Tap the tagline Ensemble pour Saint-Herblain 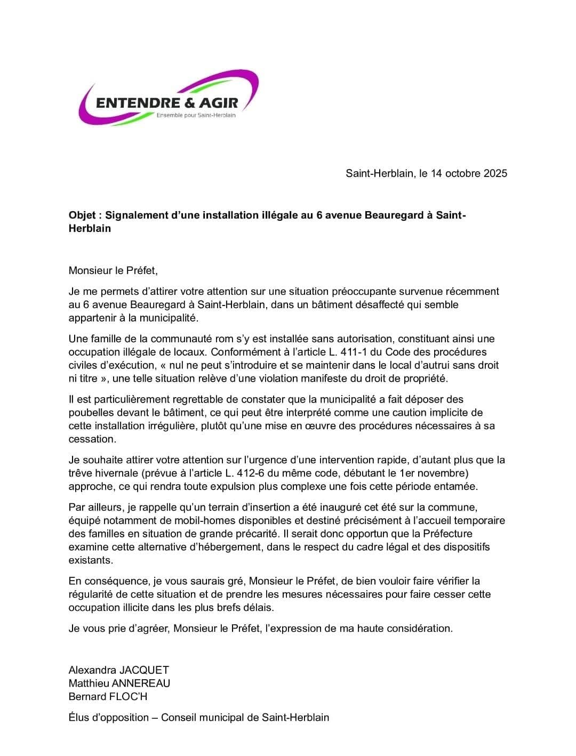[x=196, y=115]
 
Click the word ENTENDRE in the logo [x=140, y=102]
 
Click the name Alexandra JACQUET [x=118, y=670]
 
